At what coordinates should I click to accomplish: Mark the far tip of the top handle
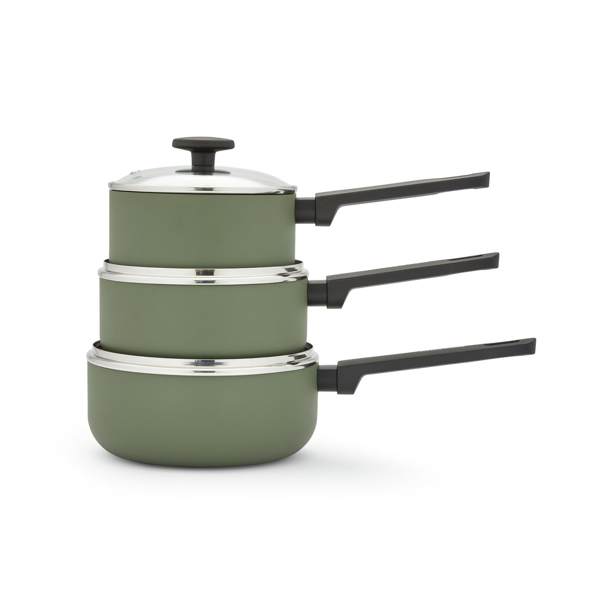[x=487, y=177]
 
